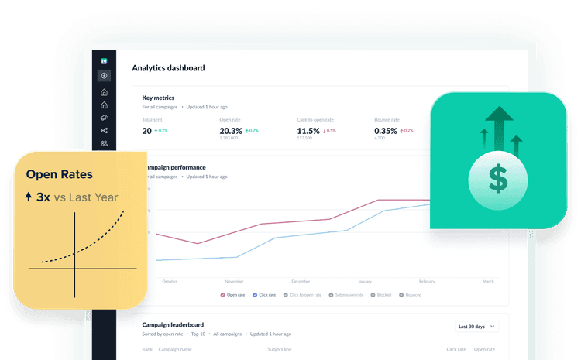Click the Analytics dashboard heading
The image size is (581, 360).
click(x=168, y=67)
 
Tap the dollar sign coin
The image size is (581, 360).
click(x=498, y=182)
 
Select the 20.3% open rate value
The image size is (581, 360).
click(x=232, y=131)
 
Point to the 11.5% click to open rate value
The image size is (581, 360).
click(x=309, y=131)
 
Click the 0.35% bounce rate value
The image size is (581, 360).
click(x=386, y=131)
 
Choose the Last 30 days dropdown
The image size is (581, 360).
click(x=476, y=327)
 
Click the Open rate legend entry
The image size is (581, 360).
click(x=233, y=295)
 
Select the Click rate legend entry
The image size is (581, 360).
click(x=265, y=295)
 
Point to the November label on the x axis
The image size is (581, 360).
click(x=234, y=281)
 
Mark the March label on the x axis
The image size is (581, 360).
click(x=488, y=281)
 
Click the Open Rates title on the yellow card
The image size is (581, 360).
click(x=59, y=175)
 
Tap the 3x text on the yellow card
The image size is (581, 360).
click(x=43, y=197)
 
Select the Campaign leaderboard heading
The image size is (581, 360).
click(x=173, y=324)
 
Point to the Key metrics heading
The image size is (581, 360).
click(x=158, y=98)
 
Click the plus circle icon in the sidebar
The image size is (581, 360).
click(x=105, y=76)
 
